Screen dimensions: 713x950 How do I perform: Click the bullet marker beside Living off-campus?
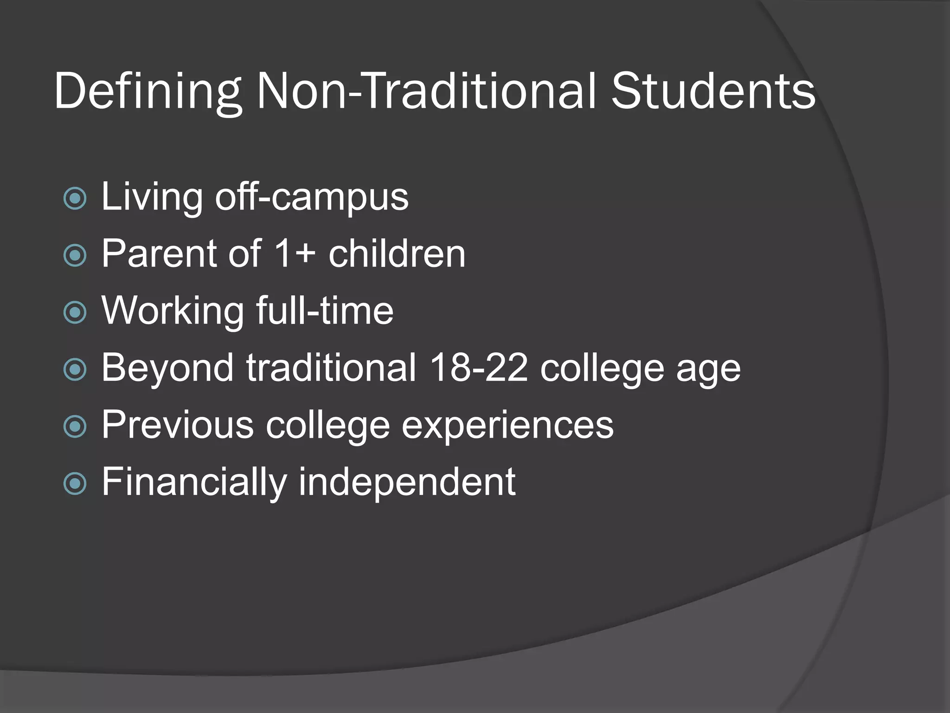(x=75, y=199)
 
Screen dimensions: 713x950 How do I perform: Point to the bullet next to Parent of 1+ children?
(x=75, y=255)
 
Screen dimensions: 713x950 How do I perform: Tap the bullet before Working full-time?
(x=75, y=312)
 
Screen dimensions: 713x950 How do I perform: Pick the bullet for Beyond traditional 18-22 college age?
(x=75, y=369)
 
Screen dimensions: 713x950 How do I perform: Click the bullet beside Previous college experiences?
(x=75, y=427)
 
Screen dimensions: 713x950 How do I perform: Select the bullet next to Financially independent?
(x=75, y=484)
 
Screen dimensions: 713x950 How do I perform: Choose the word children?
(x=397, y=254)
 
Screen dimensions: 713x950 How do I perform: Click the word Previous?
(x=178, y=424)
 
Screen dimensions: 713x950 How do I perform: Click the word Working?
(x=173, y=311)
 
